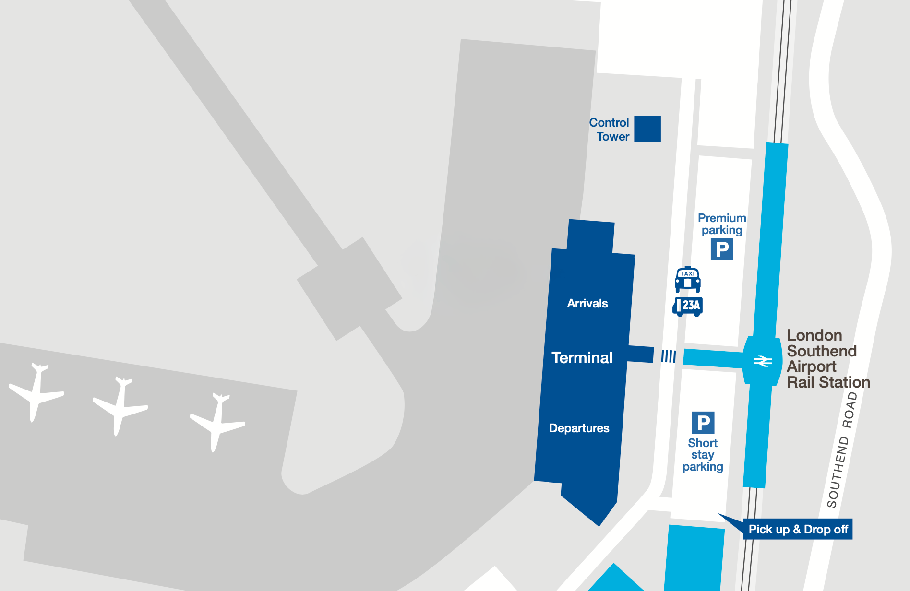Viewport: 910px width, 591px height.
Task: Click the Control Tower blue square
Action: click(647, 129)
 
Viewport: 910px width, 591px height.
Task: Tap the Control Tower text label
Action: click(610, 130)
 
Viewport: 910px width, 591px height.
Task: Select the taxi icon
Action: click(687, 279)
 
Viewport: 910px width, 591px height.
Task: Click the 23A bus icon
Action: click(687, 306)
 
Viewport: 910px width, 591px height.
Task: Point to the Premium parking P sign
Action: click(722, 249)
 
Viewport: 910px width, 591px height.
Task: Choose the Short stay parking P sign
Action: click(703, 423)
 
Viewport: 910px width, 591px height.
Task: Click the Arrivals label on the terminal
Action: click(587, 303)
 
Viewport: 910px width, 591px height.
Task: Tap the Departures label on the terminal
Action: click(579, 428)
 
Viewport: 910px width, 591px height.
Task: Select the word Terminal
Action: click(582, 357)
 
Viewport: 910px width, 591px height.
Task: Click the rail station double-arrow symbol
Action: click(763, 361)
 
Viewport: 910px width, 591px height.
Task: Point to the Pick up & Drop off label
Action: click(798, 529)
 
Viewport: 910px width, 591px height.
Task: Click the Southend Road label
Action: click(842, 450)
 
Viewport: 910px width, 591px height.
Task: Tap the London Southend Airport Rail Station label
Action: click(828, 358)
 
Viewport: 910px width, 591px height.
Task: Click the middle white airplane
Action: click(120, 406)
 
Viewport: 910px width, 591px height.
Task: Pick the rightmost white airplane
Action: click(217, 422)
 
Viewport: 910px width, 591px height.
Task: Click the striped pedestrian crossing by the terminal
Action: click(668, 356)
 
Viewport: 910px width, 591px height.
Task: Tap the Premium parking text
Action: click(722, 224)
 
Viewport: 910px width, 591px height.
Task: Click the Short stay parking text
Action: click(703, 455)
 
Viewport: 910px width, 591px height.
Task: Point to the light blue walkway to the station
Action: click(712, 358)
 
